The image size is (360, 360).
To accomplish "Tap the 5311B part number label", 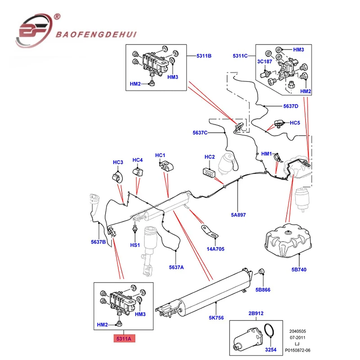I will coord(203,56).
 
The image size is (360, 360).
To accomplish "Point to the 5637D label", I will coord(290,106).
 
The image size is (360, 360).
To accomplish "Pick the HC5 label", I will coord(294,122).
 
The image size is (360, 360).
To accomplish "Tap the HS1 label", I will coord(135,245).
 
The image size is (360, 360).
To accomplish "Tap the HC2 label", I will coord(210,157).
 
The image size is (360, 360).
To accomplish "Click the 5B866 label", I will coord(263,290).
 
